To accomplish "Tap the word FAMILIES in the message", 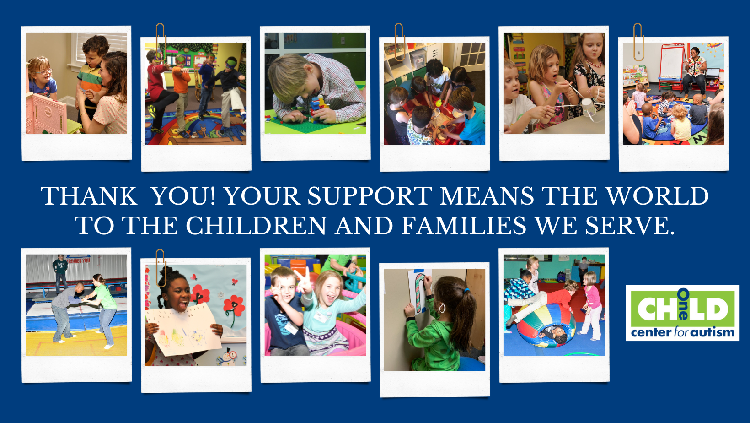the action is coord(463,225).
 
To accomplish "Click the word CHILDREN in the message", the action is coord(256,225).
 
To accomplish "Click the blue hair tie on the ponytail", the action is coord(466,290).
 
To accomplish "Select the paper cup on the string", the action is coord(589,108).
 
